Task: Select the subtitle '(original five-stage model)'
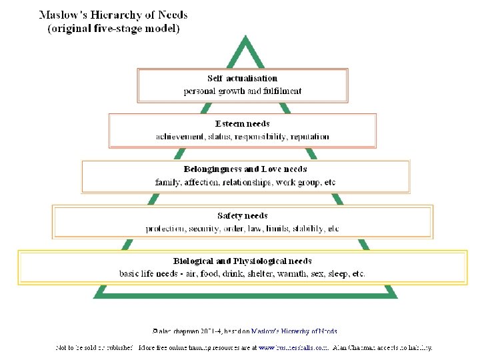[x=113, y=28]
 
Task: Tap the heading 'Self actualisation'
[x=242, y=78]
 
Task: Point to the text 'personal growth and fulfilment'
[x=242, y=91]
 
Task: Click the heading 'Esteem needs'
[x=242, y=123]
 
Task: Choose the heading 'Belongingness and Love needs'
[x=245, y=169]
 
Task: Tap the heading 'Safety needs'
[x=242, y=215]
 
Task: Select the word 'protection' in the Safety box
[x=166, y=229]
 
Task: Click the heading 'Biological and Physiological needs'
[x=242, y=261]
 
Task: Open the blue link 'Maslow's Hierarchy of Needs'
[x=294, y=331]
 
